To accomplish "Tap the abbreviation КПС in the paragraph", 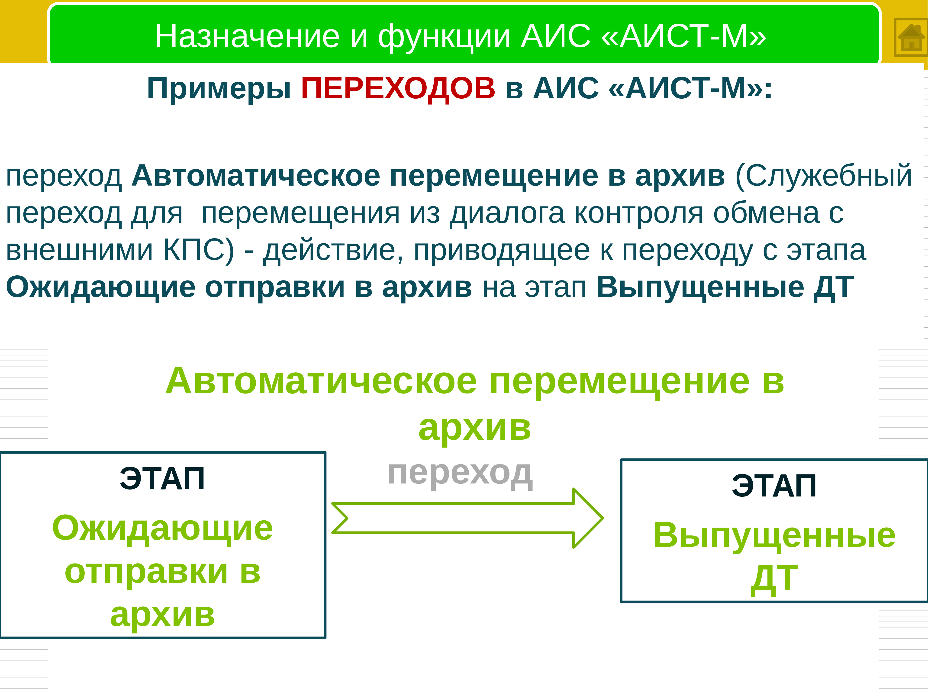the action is pyautogui.click(x=198, y=251).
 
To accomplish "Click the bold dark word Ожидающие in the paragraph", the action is pyautogui.click(x=101, y=288).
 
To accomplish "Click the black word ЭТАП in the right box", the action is pyautogui.click(x=774, y=486).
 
